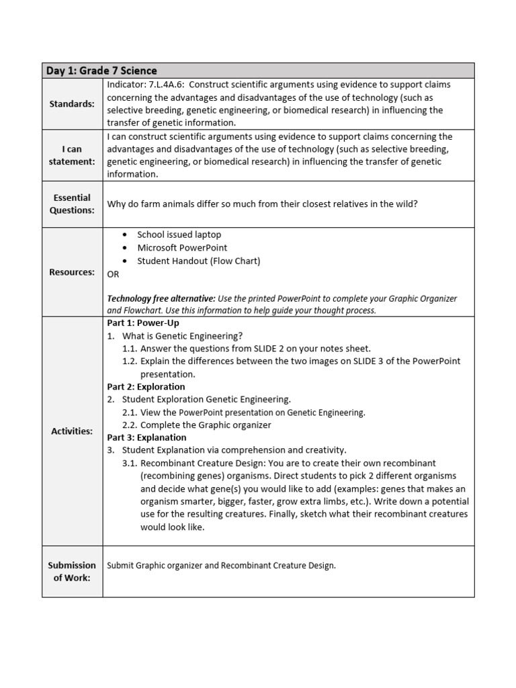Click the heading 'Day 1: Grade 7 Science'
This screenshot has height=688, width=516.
(x=101, y=71)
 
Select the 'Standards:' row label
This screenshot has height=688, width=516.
(x=73, y=103)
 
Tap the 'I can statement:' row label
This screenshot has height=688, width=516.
(x=73, y=155)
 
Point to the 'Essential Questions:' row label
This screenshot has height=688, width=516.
(x=73, y=204)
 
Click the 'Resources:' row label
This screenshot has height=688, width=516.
(x=73, y=272)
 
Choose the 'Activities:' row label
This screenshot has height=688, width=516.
(x=73, y=431)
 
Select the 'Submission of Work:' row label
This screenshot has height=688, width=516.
(x=73, y=571)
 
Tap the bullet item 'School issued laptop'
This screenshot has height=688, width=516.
(x=179, y=234)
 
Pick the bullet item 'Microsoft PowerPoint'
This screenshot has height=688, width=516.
(x=182, y=247)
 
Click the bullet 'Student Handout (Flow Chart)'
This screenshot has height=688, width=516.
(x=198, y=261)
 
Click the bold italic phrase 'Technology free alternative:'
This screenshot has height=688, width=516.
(x=161, y=298)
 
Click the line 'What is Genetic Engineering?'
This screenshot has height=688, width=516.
(x=182, y=336)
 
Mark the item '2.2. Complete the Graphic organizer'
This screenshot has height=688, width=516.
(x=197, y=425)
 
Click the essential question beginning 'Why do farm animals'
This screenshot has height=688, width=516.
(x=262, y=204)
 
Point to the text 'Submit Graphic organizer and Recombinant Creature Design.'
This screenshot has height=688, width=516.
(x=221, y=565)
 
